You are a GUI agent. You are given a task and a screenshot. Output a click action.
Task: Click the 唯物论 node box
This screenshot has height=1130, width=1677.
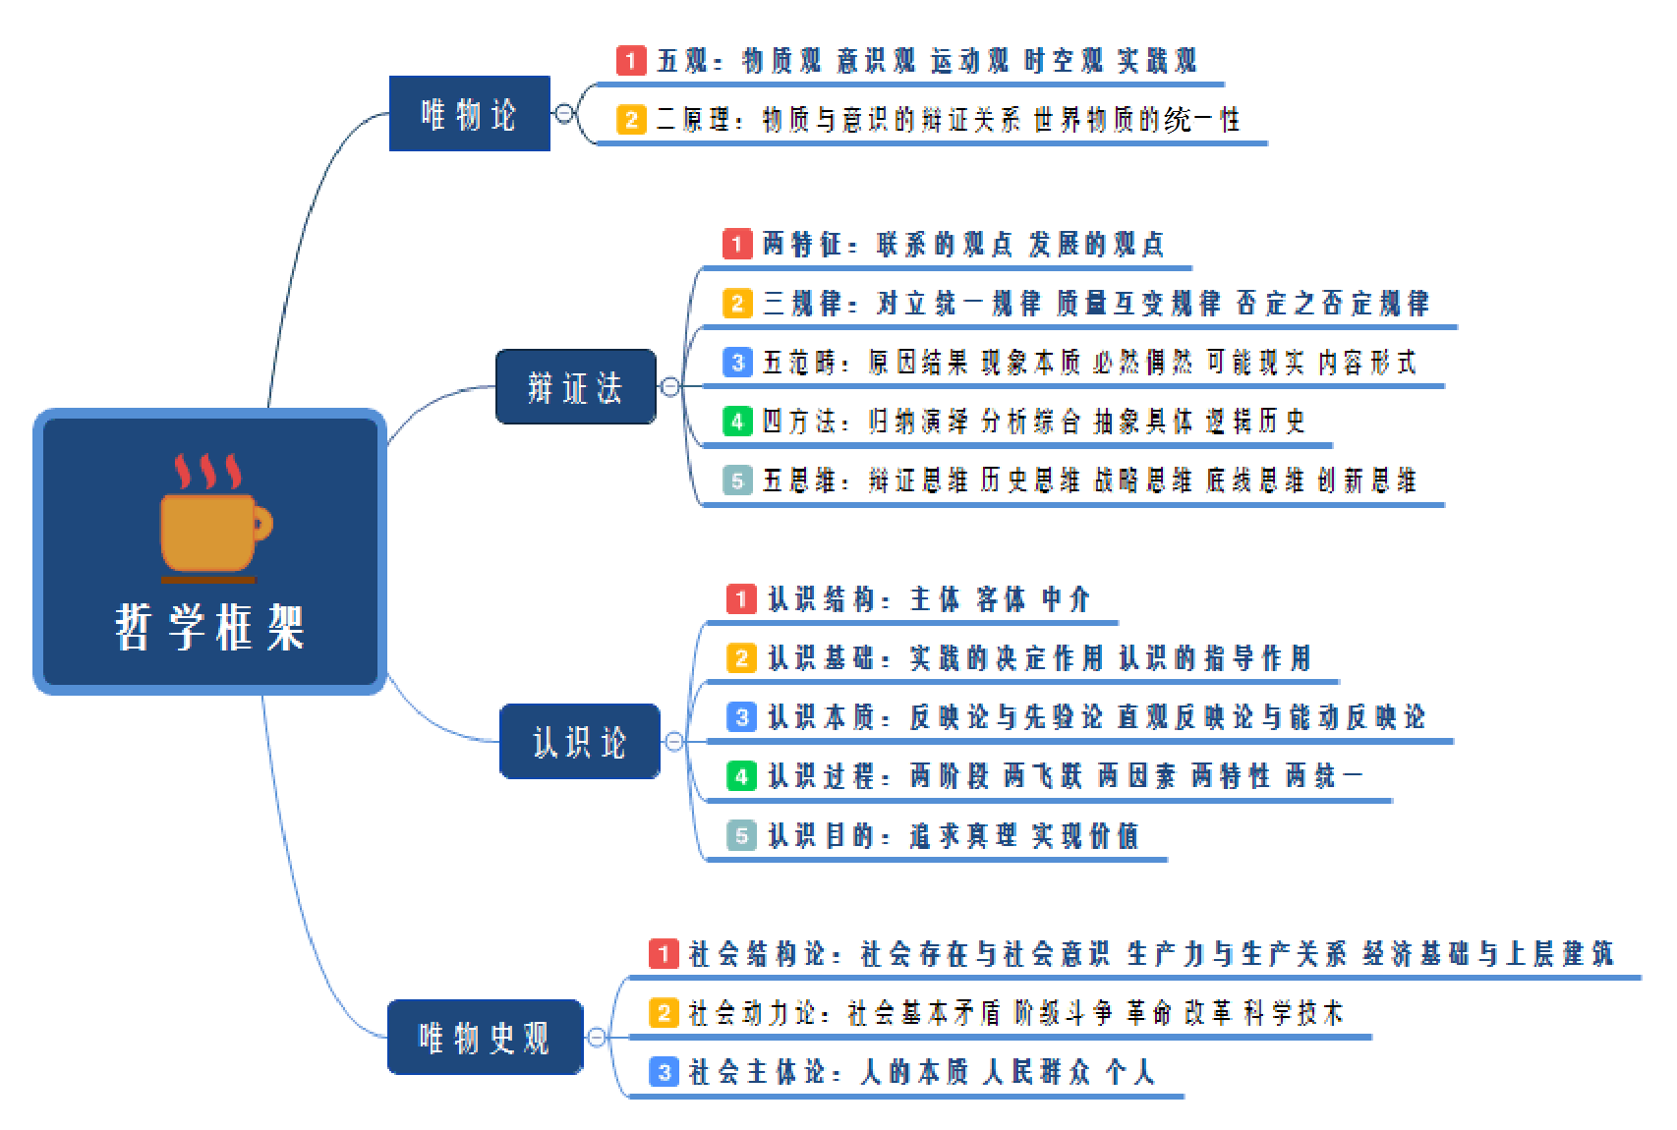pos(469,113)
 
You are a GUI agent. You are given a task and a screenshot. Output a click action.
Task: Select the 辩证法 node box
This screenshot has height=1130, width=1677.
pos(575,387)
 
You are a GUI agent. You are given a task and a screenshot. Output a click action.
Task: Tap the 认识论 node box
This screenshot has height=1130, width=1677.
pos(579,742)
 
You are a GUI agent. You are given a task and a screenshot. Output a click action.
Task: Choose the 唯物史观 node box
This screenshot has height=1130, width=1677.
pos(485,1038)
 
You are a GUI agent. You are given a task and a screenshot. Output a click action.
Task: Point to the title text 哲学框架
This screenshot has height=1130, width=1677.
pos(210,627)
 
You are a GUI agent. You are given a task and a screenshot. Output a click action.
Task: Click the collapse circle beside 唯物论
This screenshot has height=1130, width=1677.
pos(564,113)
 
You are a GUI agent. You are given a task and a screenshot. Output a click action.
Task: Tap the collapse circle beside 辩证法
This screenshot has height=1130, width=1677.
pos(670,387)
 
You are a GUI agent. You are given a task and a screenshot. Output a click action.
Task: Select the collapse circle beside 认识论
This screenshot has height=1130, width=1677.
pos(674,742)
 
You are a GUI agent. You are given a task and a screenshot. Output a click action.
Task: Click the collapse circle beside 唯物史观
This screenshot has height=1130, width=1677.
pos(597,1038)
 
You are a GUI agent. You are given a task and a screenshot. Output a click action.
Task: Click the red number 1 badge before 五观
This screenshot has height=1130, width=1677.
pos(631,60)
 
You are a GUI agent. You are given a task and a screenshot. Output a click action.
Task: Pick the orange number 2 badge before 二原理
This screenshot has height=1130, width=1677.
pos(631,120)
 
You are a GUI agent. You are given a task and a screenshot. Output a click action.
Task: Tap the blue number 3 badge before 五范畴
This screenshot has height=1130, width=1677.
pos(737,363)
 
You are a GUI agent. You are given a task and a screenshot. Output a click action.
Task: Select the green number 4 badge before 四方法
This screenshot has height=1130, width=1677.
pos(737,422)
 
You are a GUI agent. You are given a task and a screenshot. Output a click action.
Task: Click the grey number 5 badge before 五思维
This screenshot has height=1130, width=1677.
pos(737,480)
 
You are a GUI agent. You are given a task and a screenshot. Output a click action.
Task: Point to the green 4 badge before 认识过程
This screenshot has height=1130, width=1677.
pos(741,776)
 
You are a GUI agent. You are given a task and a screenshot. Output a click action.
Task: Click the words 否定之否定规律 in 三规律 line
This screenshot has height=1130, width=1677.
pos(1332,303)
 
